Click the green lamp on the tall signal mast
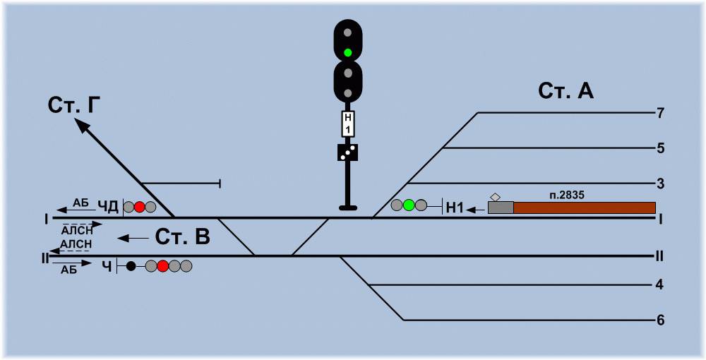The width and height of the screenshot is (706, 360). click(347, 53)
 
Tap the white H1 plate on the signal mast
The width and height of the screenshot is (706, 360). click(348, 124)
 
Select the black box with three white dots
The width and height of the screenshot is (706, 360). click(347, 152)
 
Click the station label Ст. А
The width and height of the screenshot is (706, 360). click(566, 91)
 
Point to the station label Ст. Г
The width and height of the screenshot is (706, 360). click(73, 106)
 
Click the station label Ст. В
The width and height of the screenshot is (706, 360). click(182, 238)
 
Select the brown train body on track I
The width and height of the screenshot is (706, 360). click(585, 208)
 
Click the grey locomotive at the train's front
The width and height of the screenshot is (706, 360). click(501, 208)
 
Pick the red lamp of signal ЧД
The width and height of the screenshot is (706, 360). click(140, 207)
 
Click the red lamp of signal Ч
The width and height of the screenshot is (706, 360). click(163, 266)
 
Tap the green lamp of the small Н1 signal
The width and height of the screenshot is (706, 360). click(408, 205)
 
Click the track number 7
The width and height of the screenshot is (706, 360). click(660, 114)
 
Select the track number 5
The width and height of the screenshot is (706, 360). click(660, 148)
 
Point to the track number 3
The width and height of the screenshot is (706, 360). click(660, 184)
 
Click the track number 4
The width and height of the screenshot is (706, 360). click(660, 285)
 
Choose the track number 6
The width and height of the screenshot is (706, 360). click(660, 320)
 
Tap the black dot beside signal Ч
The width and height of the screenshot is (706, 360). click(131, 266)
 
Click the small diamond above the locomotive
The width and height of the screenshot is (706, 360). click(496, 197)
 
